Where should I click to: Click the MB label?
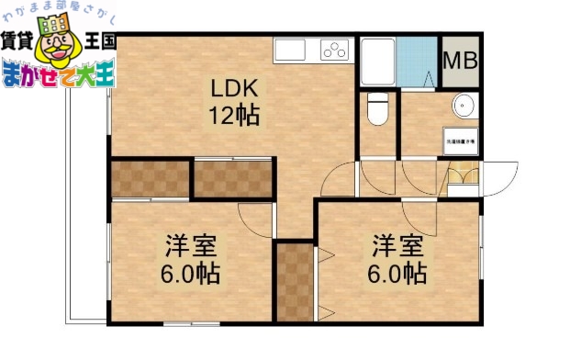(x=459, y=61)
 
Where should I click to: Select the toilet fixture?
(x=376, y=109)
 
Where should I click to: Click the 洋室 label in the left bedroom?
(x=192, y=246)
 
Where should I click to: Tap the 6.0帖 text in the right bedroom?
(x=398, y=274)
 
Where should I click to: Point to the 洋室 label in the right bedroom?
(x=398, y=246)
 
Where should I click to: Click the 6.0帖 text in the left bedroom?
(x=192, y=274)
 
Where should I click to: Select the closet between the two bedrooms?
(x=295, y=280)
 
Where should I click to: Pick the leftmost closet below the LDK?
(x=150, y=178)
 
